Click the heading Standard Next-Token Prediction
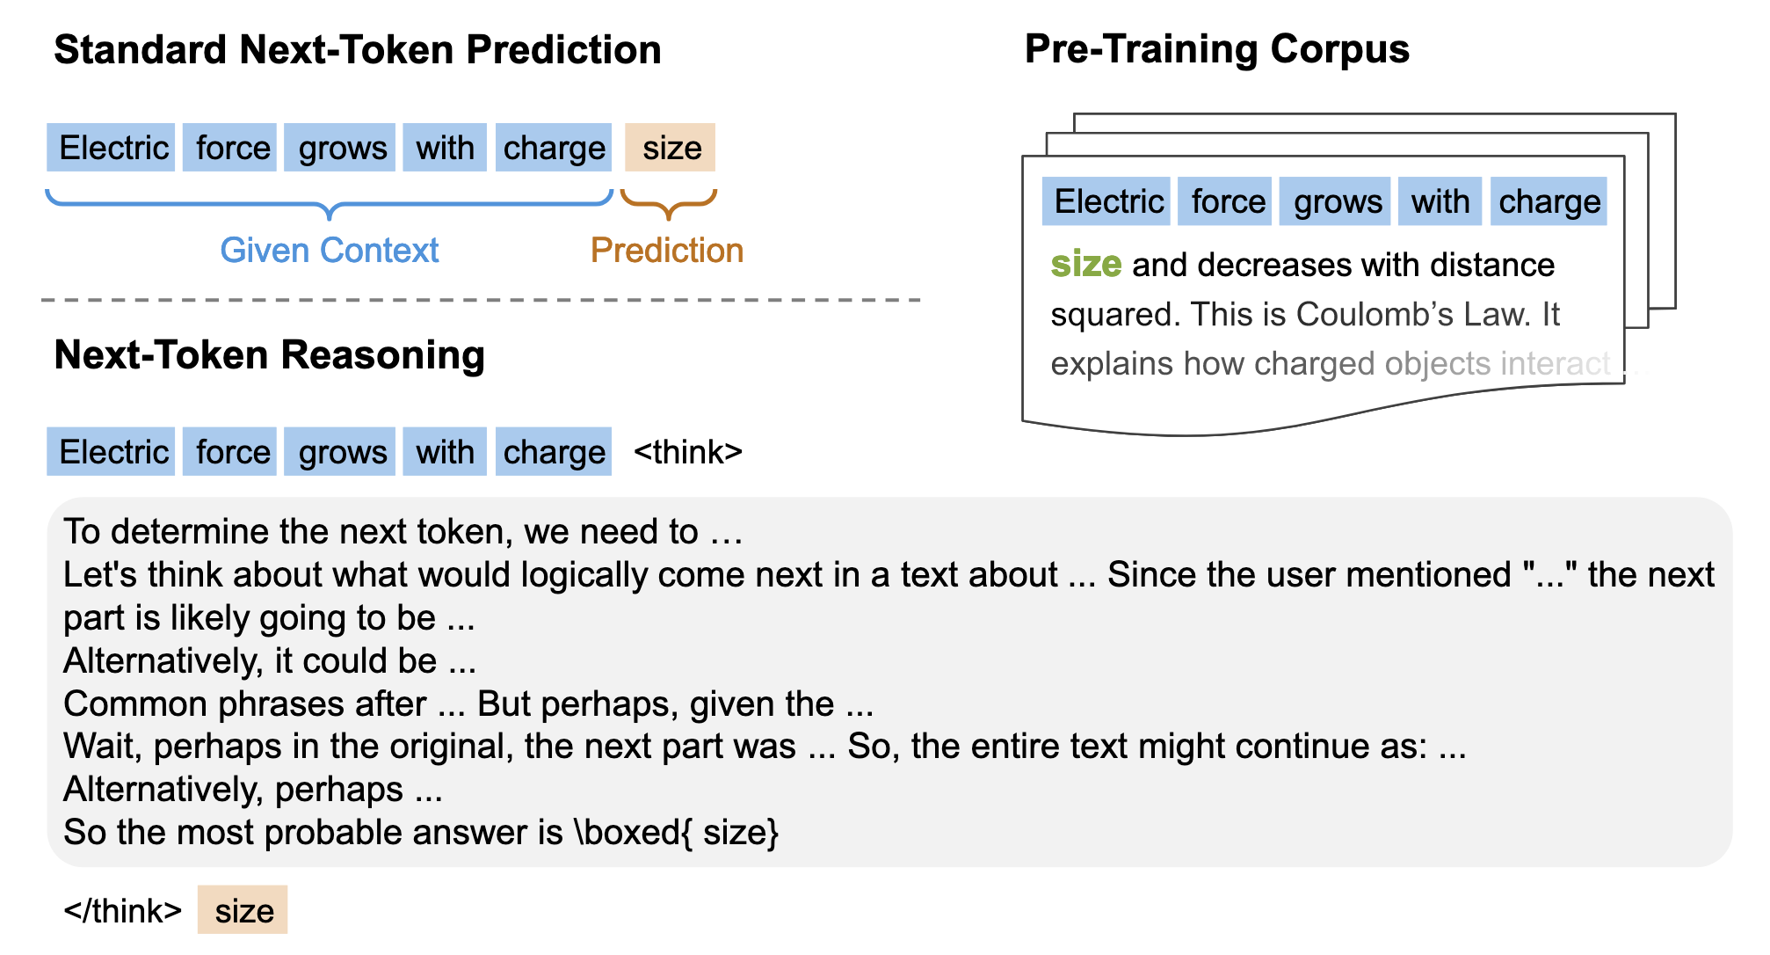(358, 50)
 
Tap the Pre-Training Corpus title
(1217, 50)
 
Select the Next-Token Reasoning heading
(270, 356)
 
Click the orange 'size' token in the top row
(671, 148)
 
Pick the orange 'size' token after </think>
(243, 909)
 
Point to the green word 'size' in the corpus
(1086, 264)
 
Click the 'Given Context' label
(330, 251)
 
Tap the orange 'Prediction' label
(667, 251)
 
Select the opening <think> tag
(688, 452)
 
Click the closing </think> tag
(123, 911)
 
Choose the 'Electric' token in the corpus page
(1107, 201)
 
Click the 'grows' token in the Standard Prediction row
(341, 148)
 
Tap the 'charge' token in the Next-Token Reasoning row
(554, 452)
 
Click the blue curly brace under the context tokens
(330, 204)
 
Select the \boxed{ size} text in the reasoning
(676, 832)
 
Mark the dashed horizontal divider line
(481, 300)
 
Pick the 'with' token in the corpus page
(1440, 201)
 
